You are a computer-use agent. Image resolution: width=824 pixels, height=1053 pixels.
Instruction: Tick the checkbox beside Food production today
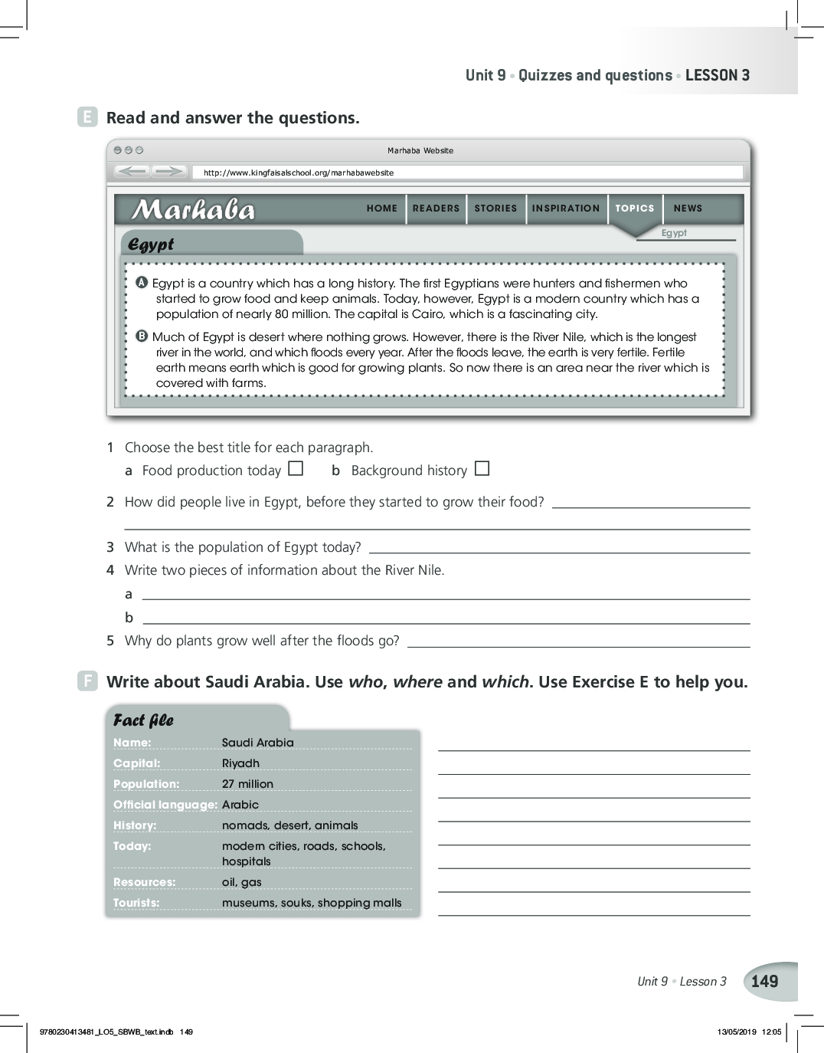pos(296,468)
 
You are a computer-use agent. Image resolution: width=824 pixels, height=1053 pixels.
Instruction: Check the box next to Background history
pos(482,468)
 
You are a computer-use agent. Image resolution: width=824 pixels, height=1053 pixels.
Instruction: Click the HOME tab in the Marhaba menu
pos(381,208)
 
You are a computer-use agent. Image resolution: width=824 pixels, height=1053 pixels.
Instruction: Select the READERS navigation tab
pos(436,208)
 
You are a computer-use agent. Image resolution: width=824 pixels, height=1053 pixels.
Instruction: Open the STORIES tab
pos(495,208)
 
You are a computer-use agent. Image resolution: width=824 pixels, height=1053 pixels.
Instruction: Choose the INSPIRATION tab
pos(566,208)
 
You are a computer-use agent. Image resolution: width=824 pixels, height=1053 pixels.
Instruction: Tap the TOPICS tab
pos(635,208)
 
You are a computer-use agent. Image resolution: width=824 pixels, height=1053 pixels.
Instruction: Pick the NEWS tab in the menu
pos(688,208)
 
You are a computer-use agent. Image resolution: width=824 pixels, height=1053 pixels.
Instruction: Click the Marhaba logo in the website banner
pos(193,209)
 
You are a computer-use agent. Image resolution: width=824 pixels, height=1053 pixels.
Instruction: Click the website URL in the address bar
pos(299,173)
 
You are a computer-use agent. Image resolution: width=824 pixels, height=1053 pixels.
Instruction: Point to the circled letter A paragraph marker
pos(142,283)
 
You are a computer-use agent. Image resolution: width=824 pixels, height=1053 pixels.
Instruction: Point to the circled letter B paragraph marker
pos(142,336)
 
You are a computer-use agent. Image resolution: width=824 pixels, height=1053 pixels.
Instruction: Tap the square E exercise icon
pos(87,117)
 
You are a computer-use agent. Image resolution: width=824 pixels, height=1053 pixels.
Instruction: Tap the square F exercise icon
pos(87,681)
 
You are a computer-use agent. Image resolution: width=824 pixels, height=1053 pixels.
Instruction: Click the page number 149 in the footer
pos(764,982)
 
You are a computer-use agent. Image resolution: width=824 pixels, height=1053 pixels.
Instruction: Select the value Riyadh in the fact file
pos(240,763)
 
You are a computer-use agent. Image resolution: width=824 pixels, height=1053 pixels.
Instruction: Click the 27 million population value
pos(247,784)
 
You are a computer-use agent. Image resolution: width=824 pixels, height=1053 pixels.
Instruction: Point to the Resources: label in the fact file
pos(144,882)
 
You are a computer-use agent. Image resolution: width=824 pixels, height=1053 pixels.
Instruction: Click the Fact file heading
pos(143,720)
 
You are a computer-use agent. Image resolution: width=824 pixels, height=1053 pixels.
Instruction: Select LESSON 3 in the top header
pos(718,75)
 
